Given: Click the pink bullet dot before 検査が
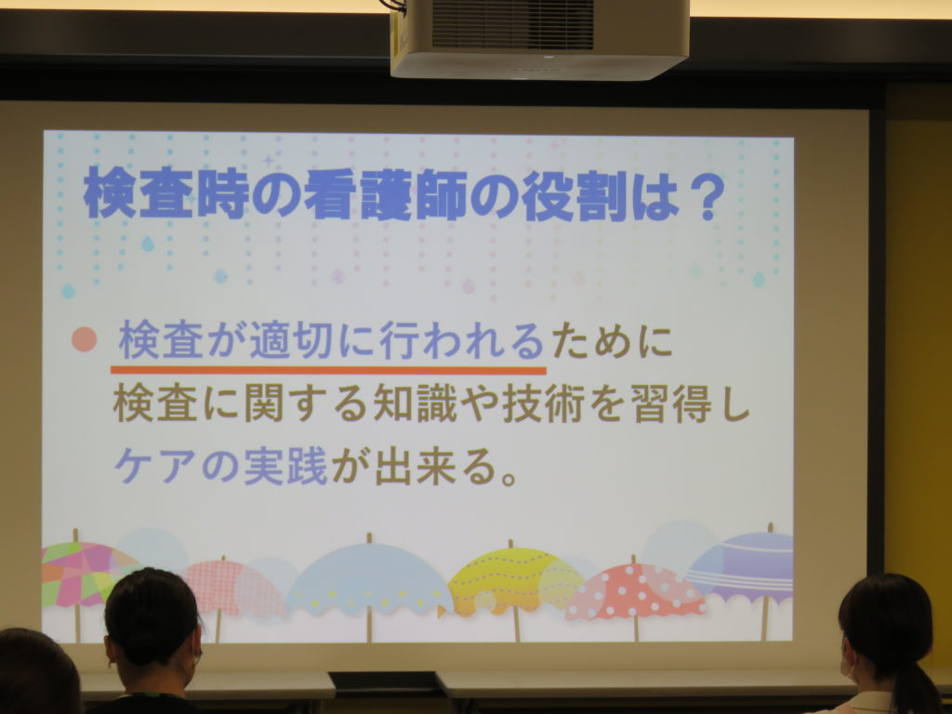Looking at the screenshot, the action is pyautogui.click(x=85, y=339).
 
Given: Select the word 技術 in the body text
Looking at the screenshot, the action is pyautogui.click(x=544, y=403).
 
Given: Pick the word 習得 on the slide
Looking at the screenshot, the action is pyautogui.click(x=671, y=403).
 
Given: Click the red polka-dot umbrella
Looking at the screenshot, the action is pyautogui.click(x=635, y=592).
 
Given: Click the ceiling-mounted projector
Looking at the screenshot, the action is pyautogui.click(x=540, y=37).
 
